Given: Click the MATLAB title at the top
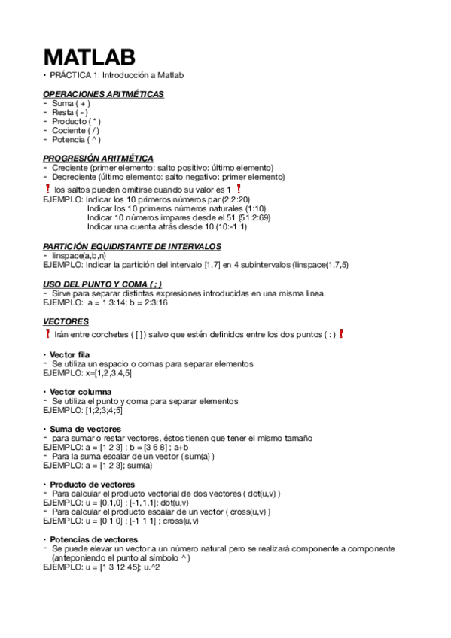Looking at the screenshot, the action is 90,57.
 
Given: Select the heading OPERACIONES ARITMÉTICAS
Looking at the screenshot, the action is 103,94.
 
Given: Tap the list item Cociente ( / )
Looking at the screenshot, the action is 75,130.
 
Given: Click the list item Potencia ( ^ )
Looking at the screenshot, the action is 76,139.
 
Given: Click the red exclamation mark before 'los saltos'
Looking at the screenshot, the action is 47,190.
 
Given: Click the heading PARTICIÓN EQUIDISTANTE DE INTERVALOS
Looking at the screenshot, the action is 132,246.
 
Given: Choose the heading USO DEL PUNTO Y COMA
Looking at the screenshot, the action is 102,283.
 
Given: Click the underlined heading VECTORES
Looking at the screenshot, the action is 66,321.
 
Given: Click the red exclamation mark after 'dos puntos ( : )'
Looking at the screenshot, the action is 340,333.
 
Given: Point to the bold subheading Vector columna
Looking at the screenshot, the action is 81,392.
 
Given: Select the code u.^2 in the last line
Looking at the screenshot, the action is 151,567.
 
